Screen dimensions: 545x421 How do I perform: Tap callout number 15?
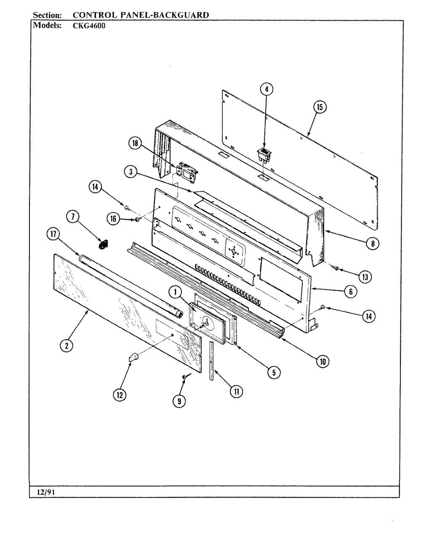tap(319, 107)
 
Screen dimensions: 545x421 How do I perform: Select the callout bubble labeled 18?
tap(135, 144)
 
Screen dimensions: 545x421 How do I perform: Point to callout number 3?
tap(131, 172)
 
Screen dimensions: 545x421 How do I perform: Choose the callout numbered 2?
tap(66, 346)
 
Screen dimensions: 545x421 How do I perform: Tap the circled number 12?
tap(119, 394)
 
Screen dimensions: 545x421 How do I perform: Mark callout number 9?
tap(179, 401)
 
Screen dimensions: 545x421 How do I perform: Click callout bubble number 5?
tap(274, 372)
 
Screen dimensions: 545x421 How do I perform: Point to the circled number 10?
tap(323, 361)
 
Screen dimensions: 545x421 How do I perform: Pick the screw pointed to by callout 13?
tap(335, 267)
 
